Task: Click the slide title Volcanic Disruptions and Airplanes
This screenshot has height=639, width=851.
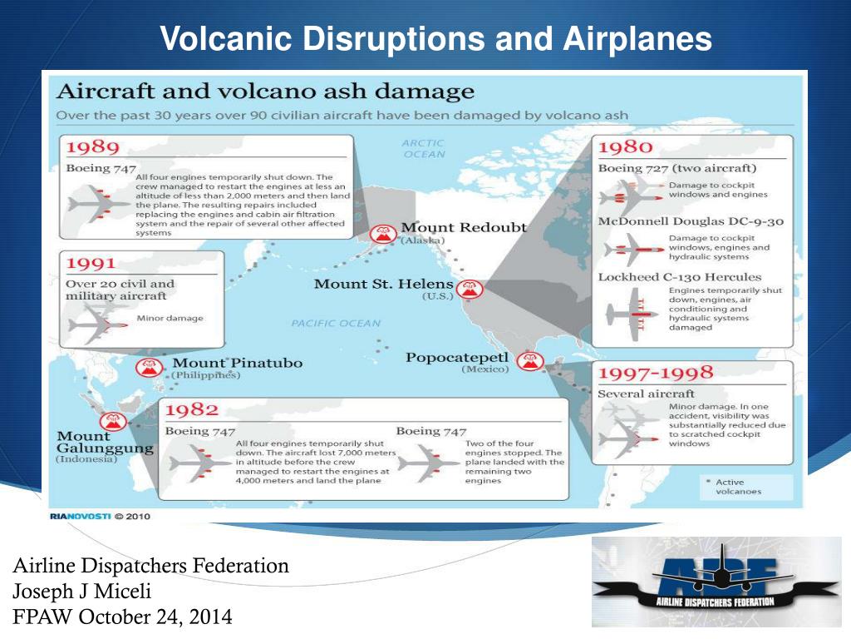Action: (435, 38)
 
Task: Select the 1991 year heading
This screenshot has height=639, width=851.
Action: (91, 264)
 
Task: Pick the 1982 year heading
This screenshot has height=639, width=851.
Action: (192, 409)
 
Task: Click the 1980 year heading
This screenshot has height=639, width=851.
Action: (625, 147)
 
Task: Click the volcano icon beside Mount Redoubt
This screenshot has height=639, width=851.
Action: (384, 234)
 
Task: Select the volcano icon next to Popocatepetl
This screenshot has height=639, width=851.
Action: (529, 362)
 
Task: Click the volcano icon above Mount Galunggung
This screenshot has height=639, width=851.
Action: (114, 421)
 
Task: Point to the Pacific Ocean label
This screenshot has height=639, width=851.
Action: (336, 323)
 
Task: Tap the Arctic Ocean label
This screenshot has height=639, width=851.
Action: (424, 148)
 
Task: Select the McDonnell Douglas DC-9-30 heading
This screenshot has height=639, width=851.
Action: (691, 221)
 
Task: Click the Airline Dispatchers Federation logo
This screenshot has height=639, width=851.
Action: (716, 582)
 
